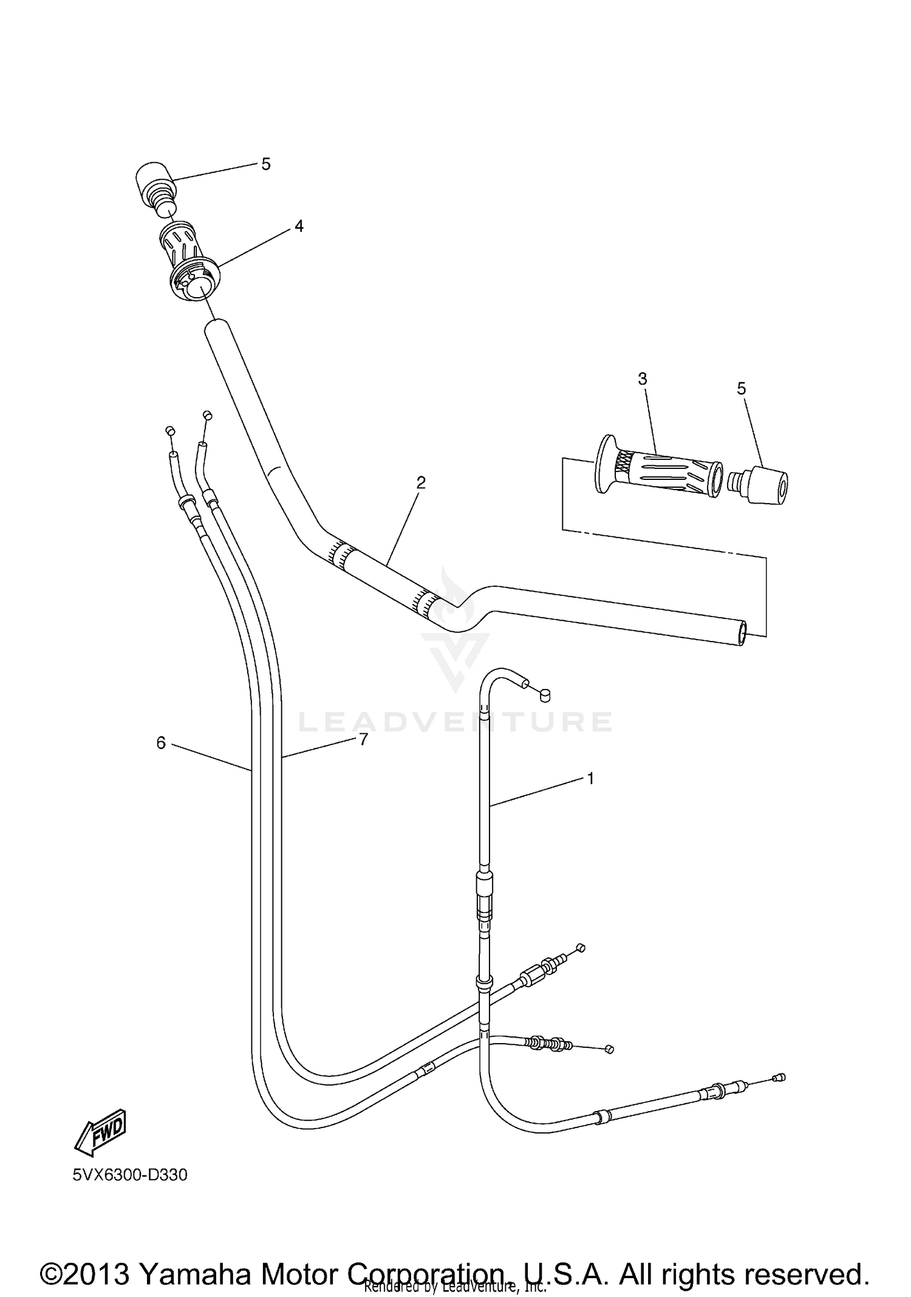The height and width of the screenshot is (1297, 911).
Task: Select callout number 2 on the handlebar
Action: click(x=420, y=483)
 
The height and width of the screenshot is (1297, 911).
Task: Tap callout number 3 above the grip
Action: click(x=642, y=378)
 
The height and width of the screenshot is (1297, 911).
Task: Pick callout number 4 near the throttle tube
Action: click(x=298, y=226)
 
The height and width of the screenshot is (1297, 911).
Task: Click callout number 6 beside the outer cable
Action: click(x=161, y=743)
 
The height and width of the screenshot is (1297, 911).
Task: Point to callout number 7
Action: click(x=363, y=740)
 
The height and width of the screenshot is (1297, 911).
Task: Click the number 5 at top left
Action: click(x=265, y=164)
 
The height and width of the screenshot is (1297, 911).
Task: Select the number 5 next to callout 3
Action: click(x=741, y=389)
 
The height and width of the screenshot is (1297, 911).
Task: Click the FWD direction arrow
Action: click(x=101, y=1132)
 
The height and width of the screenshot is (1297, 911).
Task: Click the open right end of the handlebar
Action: click(x=742, y=634)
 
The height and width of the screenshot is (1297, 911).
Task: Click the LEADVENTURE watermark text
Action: click(x=455, y=722)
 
